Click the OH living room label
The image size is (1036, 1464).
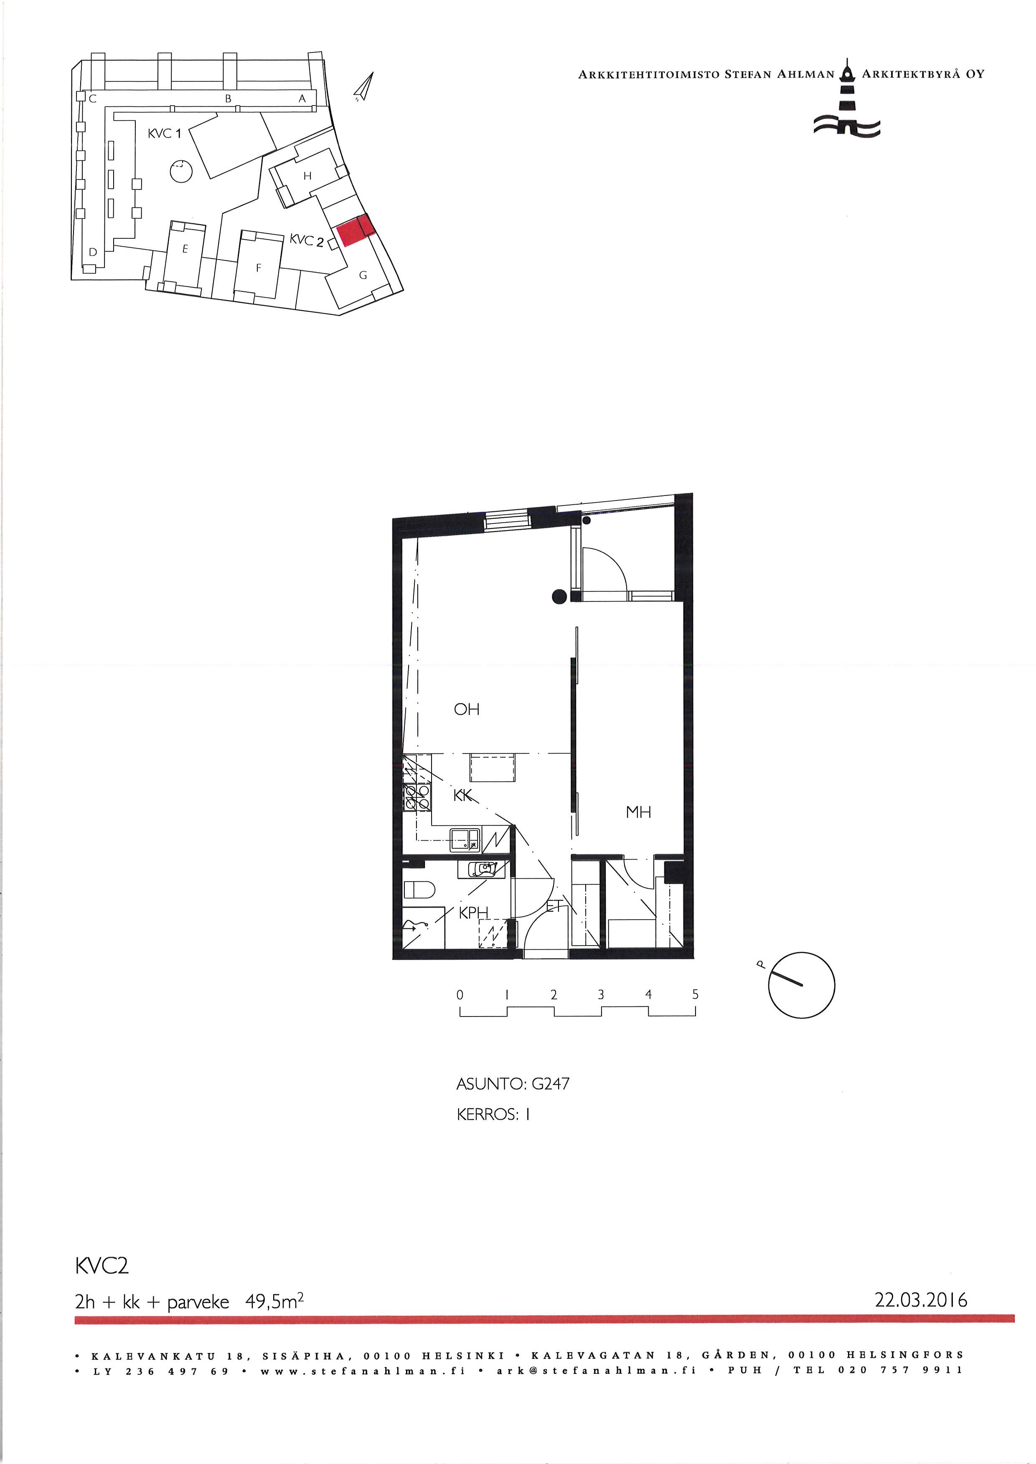point(466,709)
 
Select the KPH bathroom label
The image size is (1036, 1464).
point(473,913)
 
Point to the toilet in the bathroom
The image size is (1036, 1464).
point(419,888)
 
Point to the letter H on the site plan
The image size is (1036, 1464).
point(307,176)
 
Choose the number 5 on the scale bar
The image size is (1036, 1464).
point(696,994)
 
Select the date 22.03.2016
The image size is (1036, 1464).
point(921,1300)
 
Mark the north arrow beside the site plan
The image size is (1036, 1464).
point(363,87)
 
